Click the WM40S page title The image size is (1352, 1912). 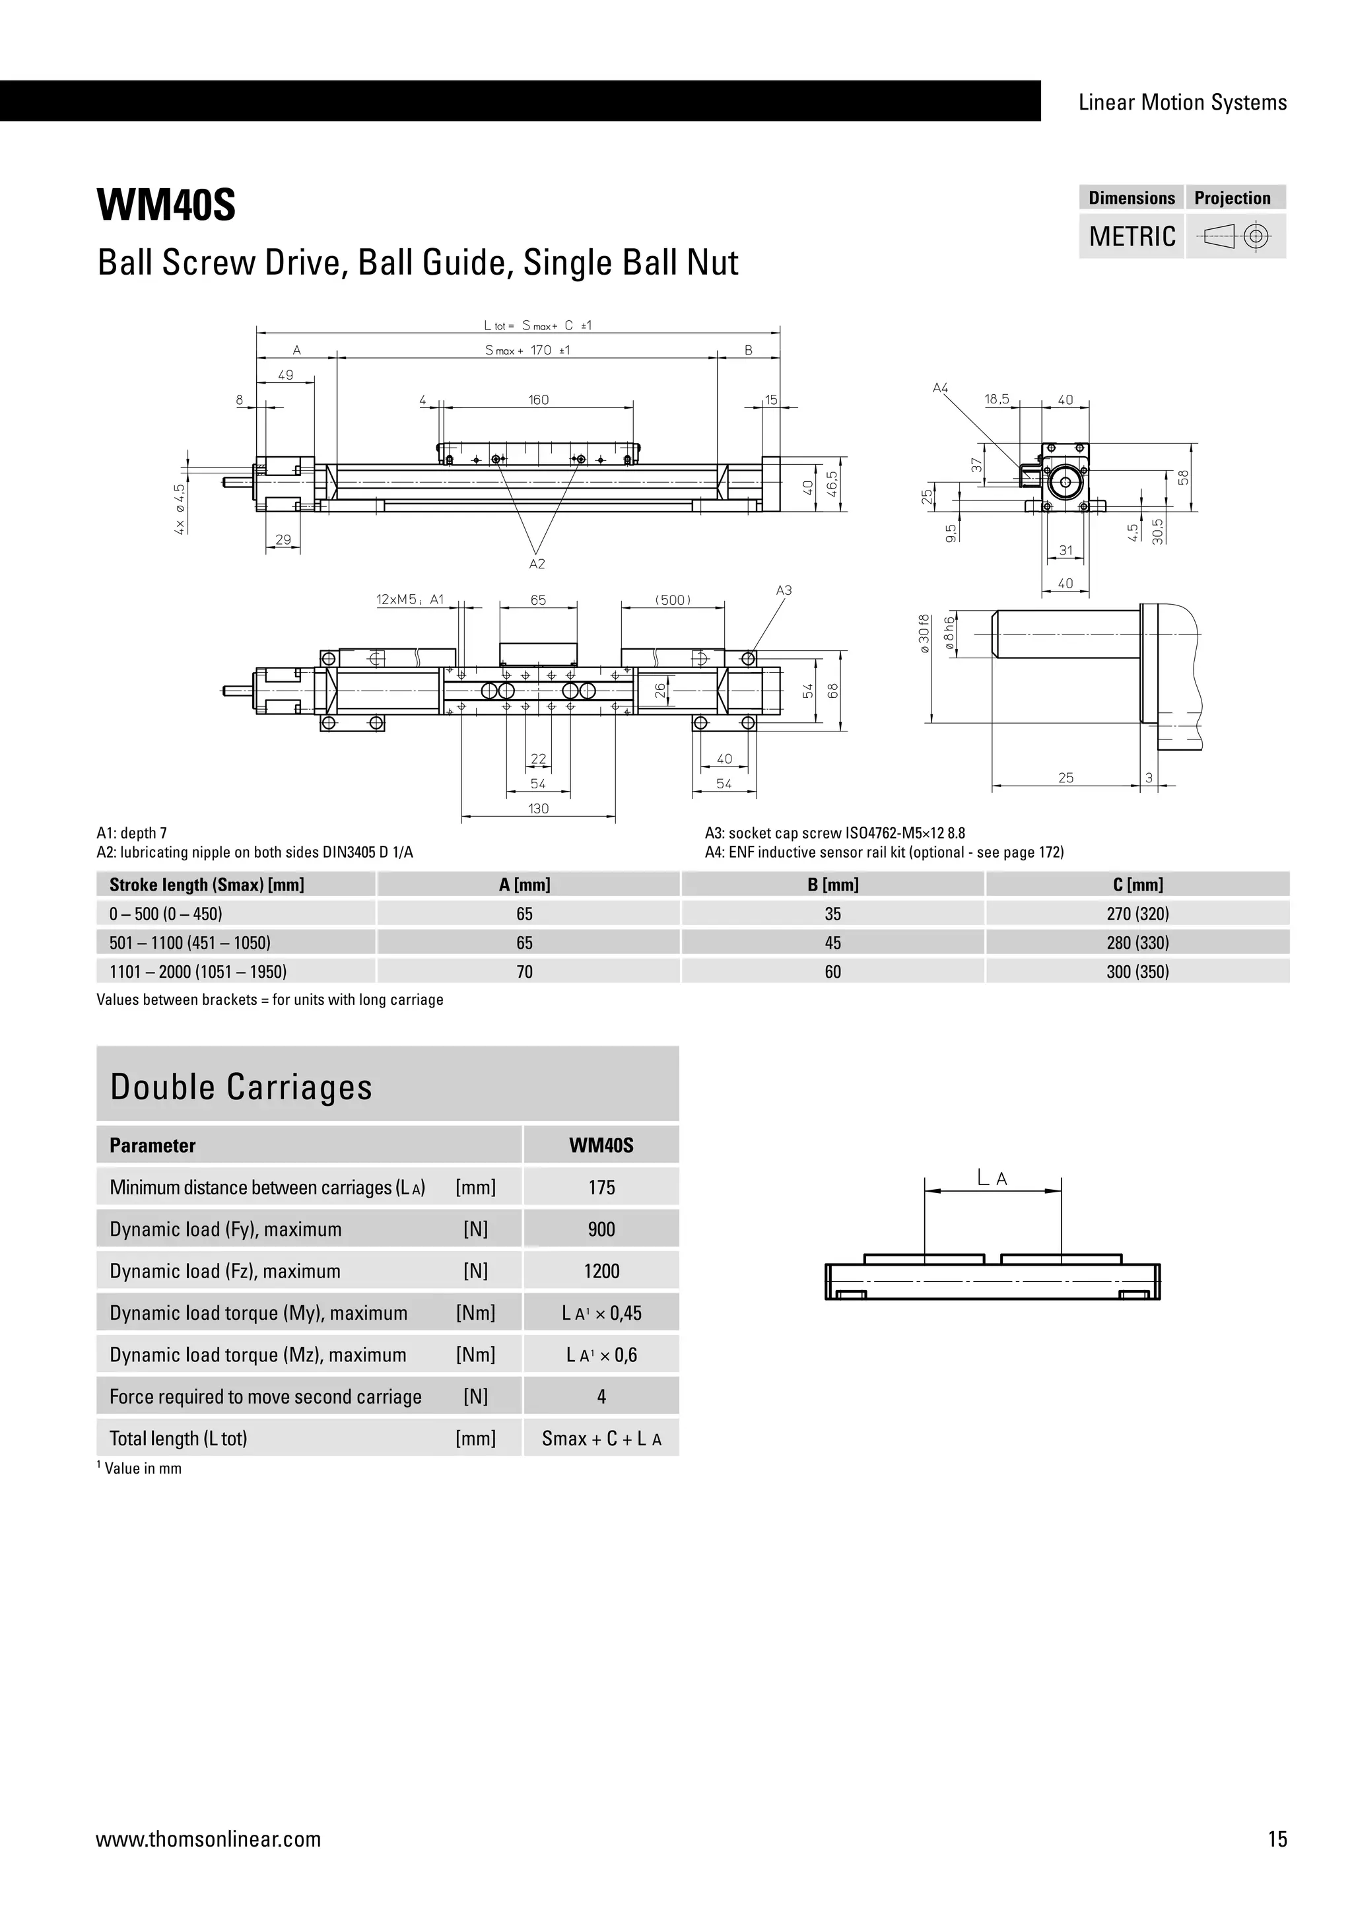click(166, 205)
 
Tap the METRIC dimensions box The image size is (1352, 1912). click(1132, 236)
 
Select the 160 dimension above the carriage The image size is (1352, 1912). click(539, 399)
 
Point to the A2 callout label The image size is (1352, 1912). click(537, 564)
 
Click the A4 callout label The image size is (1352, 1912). click(940, 388)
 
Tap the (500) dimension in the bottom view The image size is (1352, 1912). click(673, 599)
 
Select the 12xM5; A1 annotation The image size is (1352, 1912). click(411, 599)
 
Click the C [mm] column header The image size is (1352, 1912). click(1137, 885)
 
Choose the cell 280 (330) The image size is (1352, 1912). click(1137, 943)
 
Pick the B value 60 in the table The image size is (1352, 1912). click(832, 972)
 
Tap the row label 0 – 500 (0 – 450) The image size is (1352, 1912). click(166, 914)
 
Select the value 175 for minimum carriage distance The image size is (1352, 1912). click(601, 1188)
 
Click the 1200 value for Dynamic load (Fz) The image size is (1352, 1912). click(601, 1271)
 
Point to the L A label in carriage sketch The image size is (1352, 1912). click(992, 1178)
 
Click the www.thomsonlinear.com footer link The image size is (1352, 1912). click(208, 1839)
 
